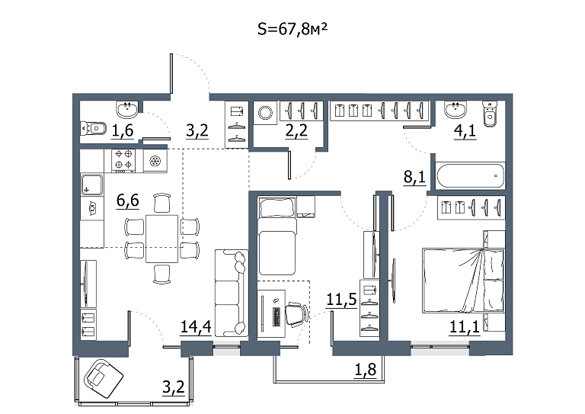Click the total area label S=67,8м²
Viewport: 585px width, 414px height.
click(x=292, y=29)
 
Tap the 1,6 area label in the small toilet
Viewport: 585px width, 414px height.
click(x=123, y=131)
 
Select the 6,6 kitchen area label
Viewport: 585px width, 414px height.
click(x=128, y=201)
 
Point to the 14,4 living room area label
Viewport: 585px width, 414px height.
click(x=196, y=326)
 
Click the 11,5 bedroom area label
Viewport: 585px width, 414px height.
click(x=341, y=300)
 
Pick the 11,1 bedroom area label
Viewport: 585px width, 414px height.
click(x=465, y=327)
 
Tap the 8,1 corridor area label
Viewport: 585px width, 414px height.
click(x=414, y=177)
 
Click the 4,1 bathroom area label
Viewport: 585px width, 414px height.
click(x=465, y=131)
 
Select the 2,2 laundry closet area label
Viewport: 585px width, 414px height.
click(x=296, y=131)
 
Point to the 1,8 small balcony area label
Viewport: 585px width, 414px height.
click(x=365, y=370)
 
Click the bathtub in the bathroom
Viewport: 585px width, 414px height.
click(x=471, y=175)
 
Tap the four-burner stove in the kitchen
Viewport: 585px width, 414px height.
click(x=123, y=161)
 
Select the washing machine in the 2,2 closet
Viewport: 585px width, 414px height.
click(x=266, y=112)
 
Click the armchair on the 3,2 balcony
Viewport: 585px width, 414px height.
click(x=104, y=379)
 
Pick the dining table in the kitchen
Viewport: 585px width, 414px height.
click(x=161, y=239)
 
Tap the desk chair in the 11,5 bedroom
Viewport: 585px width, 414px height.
click(x=297, y=315)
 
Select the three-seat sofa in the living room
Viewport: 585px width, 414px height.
click(x=232, y=293)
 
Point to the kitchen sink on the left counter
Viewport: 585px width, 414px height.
click(x=91, y=185)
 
